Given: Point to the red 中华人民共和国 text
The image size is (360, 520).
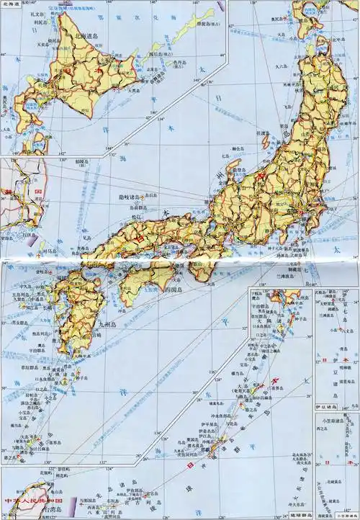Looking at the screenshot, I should point(32,500).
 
